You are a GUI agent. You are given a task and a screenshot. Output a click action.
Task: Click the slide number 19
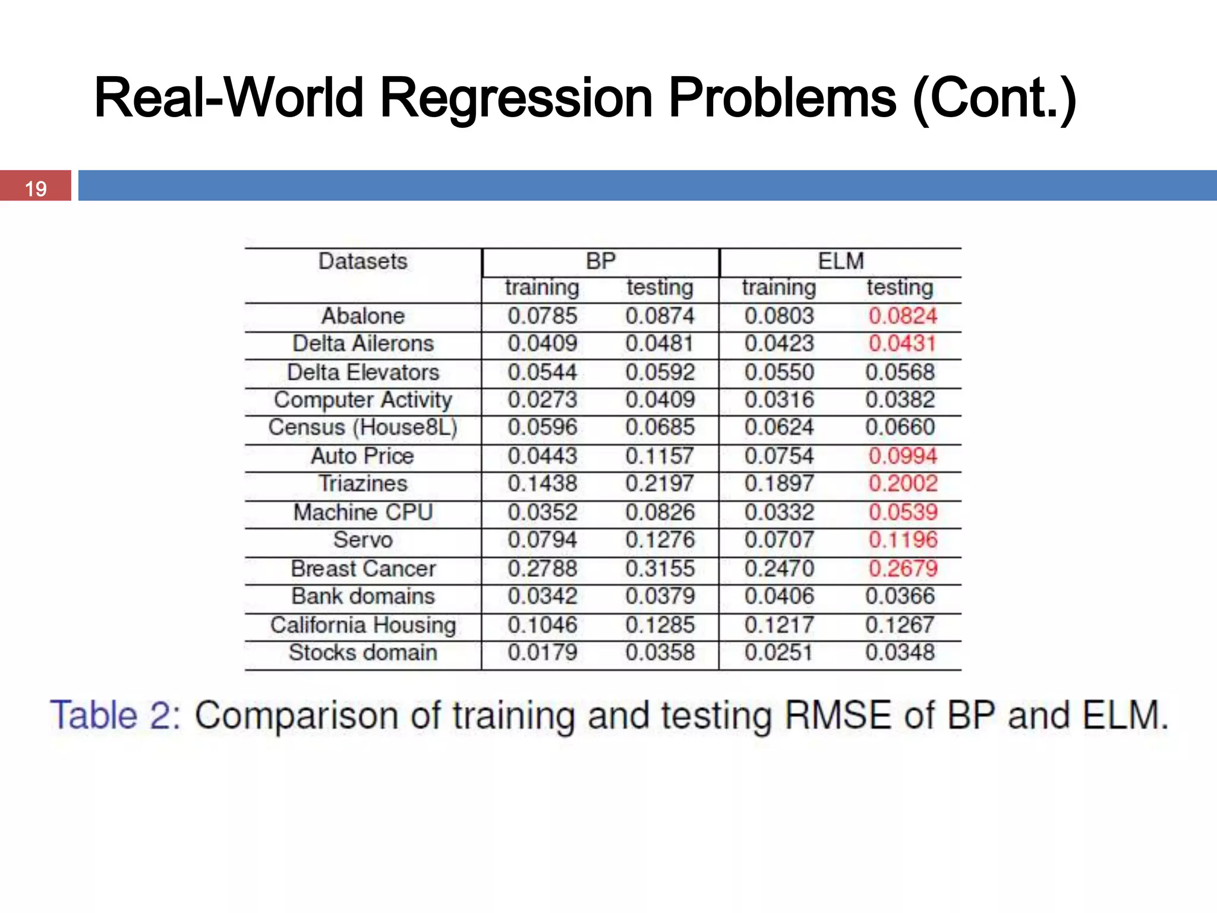[36, 188]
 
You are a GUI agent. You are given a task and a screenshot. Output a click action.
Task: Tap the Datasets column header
[362, 262]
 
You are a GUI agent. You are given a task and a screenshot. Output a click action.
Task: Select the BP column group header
[600, 262]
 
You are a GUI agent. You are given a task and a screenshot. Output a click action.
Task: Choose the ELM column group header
[840, 262]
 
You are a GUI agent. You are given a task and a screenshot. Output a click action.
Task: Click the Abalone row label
[362, 316]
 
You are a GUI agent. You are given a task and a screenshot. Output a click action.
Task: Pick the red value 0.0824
[902, 316]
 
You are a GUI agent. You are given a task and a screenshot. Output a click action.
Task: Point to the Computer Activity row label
[362, 399]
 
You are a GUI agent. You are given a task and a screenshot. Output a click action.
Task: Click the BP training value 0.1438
[542, 483]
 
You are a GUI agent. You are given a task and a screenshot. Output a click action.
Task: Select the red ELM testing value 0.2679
[902, 568]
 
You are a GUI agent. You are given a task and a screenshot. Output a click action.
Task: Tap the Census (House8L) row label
[362, 427]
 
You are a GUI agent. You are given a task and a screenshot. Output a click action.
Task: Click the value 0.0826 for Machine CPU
[660, 512]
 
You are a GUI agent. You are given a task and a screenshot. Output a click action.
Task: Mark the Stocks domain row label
[362, 653]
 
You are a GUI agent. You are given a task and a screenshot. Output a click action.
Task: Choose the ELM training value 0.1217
[778, 625]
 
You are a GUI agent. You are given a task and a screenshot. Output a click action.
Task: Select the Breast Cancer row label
[362, 568]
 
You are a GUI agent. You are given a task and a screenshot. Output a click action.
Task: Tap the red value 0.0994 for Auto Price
[902, 456]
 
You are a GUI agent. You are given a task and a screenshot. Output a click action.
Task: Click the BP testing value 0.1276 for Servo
[660, 540]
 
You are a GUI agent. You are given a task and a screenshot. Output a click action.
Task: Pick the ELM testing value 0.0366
[900, 596]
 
